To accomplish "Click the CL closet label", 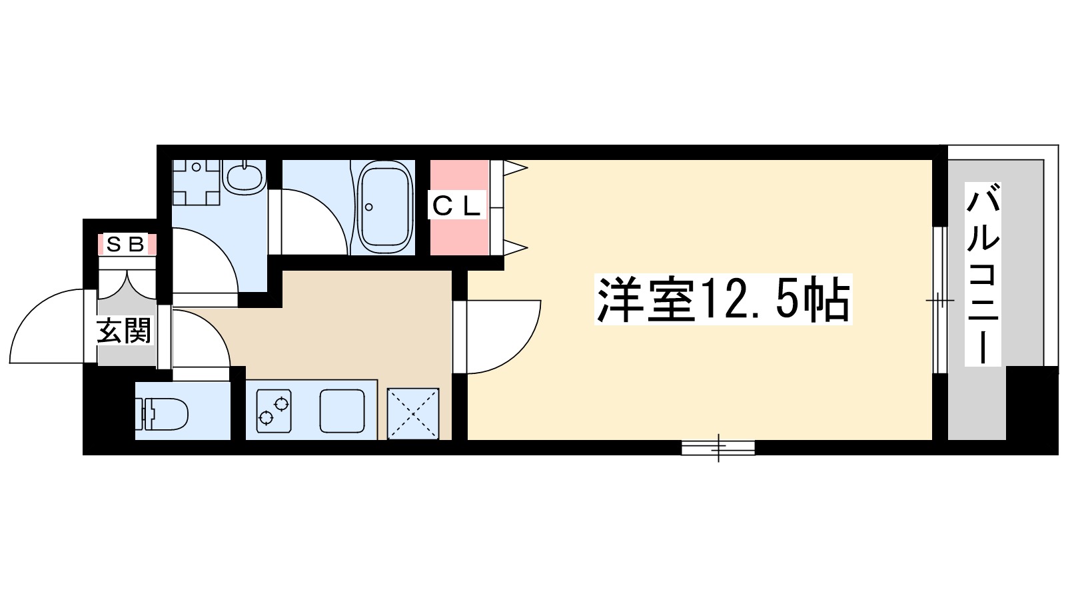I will click(456, 206).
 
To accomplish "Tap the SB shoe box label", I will click(126, 245).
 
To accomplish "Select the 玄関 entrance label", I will click(124, 331).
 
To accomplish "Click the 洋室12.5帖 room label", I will click(724, 300).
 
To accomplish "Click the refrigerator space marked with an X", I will click(413, 414).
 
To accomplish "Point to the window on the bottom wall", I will click(718, 448).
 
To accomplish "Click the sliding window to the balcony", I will click(939, 300).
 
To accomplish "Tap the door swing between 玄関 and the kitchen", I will click(200, 340).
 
